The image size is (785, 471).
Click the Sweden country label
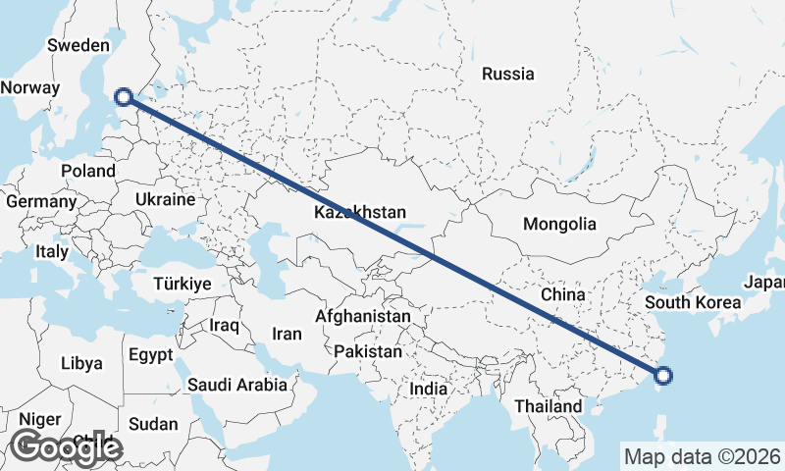(x=78, y=45)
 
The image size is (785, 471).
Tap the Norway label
(x=30, y=87)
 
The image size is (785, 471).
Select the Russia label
(x=508, y=74)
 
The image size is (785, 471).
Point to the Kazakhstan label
(x=360, y=212)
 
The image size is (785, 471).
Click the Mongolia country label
(x=559, y=224)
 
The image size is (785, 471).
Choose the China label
(x=563, y=294)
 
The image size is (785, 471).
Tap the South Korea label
(x=693, y=302)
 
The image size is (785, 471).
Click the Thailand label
(x=547, y=405)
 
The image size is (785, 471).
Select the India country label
(x=429, y=389)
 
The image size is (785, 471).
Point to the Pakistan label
(x=368, y=351)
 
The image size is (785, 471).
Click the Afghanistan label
(x=363, y=317)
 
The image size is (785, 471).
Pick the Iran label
(x=287, y=334)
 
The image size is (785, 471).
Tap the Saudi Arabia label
(x=237, y=386)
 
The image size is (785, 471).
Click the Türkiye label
(x=183, y=284)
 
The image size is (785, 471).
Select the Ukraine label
(x=166, y=199)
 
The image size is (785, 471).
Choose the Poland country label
(x=87, y=170)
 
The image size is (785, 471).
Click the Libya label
(x=80, y=363)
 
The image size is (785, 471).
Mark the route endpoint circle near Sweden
(x=124, y=96)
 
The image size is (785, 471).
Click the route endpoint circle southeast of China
(x=663, y=375)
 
